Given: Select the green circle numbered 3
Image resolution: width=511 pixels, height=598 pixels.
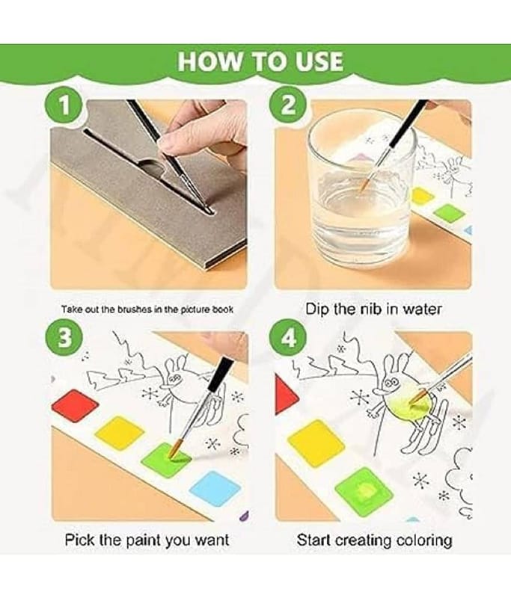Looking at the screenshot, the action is pos(64,337).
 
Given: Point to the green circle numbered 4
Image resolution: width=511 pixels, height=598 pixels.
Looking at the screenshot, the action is pos(287,337).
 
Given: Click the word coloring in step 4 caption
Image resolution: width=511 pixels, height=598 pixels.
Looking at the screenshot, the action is pos(424,540).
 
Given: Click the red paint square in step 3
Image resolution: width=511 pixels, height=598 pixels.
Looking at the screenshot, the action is pos(75,405).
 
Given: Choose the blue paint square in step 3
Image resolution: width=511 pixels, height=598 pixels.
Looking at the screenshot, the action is pos(215,490).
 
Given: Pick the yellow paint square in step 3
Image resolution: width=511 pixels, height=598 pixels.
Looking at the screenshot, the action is pos(119,434).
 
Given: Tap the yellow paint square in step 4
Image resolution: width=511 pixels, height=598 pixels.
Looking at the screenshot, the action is pos(316,443).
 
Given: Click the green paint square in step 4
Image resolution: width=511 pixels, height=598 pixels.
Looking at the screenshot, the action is pos(364,492).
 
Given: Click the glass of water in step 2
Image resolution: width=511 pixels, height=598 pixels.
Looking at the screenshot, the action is pos(361,191).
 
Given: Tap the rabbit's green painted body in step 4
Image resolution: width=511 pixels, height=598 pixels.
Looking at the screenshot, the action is pos(407,406).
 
